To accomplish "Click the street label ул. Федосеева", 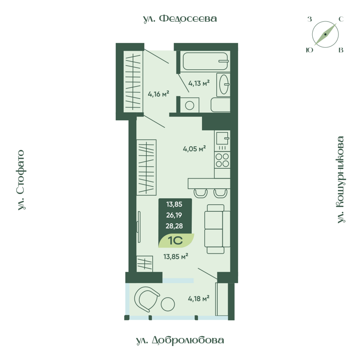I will pos(180,18).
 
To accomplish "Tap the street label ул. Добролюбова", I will pos(180,340).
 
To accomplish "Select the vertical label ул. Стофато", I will pos(22,180).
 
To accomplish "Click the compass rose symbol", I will pos(325,35).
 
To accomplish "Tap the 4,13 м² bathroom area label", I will pos(199,83).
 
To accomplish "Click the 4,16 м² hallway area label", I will pos(158,94).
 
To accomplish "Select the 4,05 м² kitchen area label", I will pos(194,148).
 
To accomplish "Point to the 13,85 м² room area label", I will pos(175,256).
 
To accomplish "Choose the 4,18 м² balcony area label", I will pos(198,298).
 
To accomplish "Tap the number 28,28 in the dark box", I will pos(175,226).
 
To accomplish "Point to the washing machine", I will pos(189,105).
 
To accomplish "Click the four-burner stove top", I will pos(222,160).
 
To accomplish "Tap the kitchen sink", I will pos(222,137).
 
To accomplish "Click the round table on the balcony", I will pos(168,304).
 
